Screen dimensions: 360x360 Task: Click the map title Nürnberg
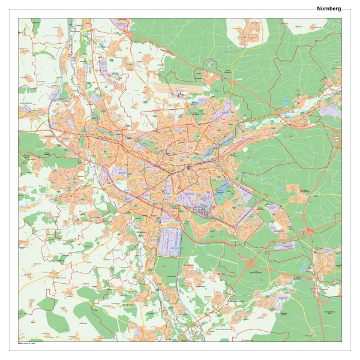pyautogui.click(x=329, y=8)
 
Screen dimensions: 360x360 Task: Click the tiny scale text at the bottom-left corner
pyautogui.click(x=27, y=343)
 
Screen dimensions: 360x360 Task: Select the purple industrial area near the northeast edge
pyautogui.click(x=329, y=110)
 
